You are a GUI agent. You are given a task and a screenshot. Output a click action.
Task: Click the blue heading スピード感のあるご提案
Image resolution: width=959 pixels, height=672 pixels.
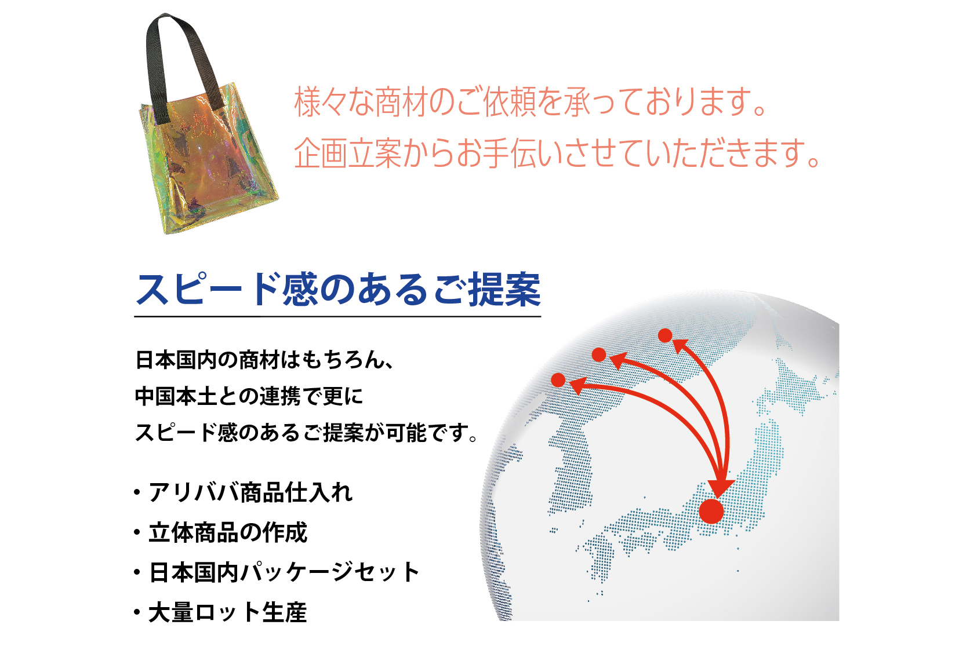click(x=338, y=290)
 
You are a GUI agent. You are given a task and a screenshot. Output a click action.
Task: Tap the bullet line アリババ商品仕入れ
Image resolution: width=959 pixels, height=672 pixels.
click(x=250, y=492)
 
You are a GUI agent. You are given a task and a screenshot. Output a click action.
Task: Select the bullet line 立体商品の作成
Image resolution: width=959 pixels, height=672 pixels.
click(x=228, y=532)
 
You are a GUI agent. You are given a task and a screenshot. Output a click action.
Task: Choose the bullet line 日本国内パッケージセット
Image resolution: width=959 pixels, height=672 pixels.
click(x=284, y=572)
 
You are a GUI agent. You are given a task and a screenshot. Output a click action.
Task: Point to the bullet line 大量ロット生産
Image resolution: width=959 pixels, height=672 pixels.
click(x=227, y=612)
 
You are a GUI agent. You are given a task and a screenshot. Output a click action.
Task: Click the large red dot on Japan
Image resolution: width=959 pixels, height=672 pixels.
click(x=711, y=511)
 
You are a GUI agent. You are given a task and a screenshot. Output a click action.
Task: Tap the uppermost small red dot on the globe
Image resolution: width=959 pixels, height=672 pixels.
click(x=665, y=335)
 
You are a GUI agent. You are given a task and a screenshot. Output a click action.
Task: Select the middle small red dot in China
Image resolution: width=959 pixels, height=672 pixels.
click(x=599, y=355)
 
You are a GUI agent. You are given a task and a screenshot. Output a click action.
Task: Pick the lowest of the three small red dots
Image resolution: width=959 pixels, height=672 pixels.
click(x=558, y=380)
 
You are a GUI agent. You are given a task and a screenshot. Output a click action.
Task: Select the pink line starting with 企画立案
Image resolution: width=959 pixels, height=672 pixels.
click(x=557, y=152)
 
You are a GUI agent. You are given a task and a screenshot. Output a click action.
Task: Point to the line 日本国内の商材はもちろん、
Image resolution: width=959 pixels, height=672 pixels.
click(x=264, y=360)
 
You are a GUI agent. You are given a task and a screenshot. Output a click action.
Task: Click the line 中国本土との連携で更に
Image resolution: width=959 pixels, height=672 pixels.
click(x=249, y=396)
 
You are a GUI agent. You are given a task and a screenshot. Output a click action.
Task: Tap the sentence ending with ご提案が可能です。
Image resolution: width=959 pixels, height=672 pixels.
click(x=307, y=433)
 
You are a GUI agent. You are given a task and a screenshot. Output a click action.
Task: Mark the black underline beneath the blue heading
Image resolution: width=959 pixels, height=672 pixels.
click(x=338, y=317)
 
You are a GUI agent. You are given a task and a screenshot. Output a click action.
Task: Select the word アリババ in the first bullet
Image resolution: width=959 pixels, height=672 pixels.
click(x=193, y=492)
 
